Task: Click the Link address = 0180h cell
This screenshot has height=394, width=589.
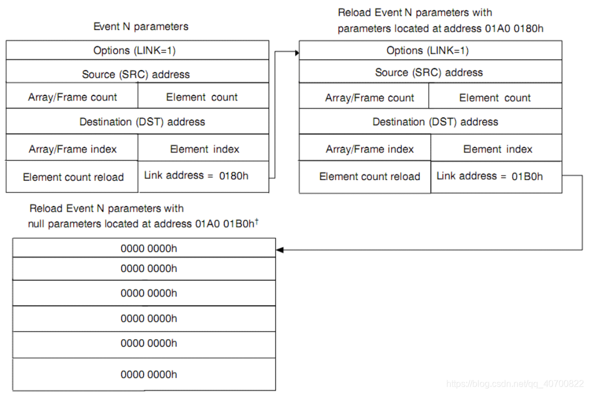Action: coord(196,176)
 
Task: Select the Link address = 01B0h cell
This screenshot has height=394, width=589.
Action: coord(489,176)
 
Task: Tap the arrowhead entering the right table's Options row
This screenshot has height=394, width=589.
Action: coord(295,52)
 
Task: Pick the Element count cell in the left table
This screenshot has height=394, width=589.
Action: coord(202,97)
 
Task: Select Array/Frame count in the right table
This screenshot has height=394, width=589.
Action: coord(370,98)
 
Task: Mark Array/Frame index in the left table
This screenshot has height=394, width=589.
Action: coord(73,149)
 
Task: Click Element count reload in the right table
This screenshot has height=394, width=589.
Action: coord(370,177)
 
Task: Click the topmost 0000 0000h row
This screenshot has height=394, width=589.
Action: coord(149,248)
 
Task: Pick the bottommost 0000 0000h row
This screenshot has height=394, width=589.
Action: coord(149,374)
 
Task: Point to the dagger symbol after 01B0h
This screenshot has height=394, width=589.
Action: coord(257,221)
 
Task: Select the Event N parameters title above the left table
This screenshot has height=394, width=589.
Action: coord(140,27)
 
